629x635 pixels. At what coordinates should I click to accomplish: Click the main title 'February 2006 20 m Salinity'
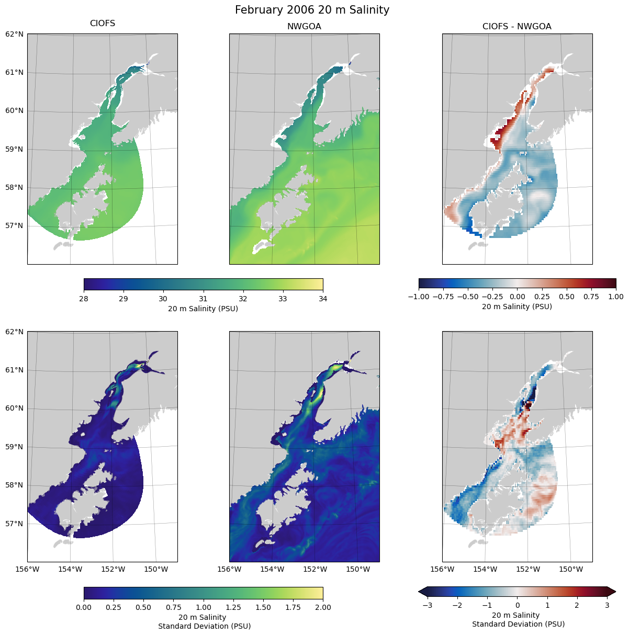(312, 10)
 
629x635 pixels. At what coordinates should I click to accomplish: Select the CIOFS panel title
(103, 24)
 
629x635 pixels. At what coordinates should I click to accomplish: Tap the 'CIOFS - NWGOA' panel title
(516, 27)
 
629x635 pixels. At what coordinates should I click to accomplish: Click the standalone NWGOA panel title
(304, 27)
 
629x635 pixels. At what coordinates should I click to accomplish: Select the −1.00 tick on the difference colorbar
(419, 297)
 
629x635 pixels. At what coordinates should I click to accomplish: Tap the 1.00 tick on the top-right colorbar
(616, 297)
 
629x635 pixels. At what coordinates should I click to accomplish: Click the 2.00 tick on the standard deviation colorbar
(323, 607)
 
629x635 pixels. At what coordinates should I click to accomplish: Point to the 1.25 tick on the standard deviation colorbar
(233, 607)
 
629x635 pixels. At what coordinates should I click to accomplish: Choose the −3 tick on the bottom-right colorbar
(428, 605)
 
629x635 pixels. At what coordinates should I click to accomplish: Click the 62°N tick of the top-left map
(14, 35)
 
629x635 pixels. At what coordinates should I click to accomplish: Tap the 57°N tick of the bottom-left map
(14, 524)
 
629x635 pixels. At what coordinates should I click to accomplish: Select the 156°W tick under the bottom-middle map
(229, 569)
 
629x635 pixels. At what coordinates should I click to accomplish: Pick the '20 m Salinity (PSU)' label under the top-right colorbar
(516, 307)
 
